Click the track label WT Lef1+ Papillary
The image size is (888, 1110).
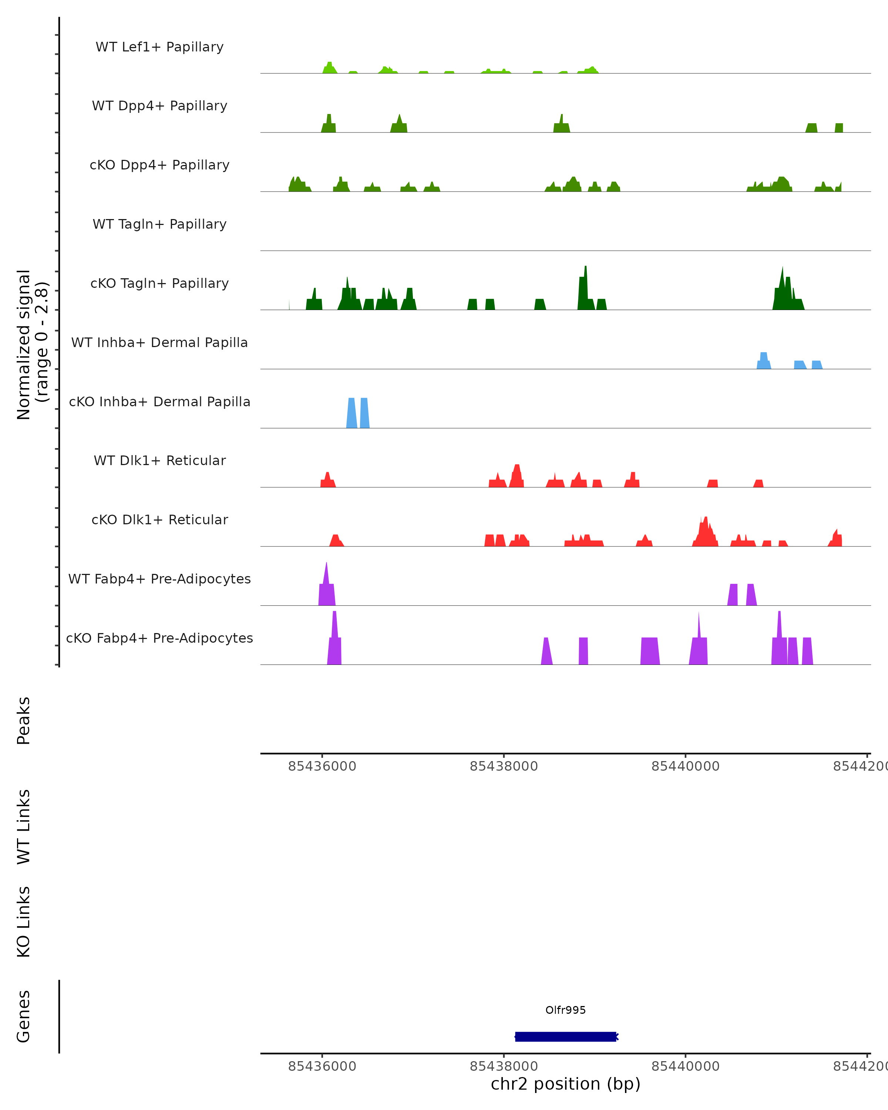(x=159, y=47)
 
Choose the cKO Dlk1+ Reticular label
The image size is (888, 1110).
(x=159, y=519)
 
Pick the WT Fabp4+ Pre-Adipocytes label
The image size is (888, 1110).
(x=159, y=579)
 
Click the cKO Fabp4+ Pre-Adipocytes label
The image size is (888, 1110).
(x=159, y=638)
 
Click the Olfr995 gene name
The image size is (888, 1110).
(x=565, y=1010)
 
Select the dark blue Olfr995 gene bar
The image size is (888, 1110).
(x=565, y=1036)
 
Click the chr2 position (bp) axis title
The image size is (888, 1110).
(x=565, y=1084)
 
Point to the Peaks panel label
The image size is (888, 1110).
(x=24, y=720)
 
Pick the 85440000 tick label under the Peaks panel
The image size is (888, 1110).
(x=685, y=766)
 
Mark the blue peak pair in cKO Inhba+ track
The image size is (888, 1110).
(x=358, y=413)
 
